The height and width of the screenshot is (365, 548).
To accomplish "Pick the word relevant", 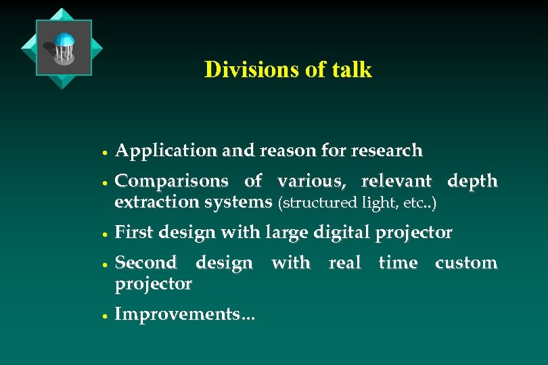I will coord(396,181).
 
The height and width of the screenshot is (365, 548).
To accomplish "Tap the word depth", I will coord(472,181).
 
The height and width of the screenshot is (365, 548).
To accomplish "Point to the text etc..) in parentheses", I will coord(421,202).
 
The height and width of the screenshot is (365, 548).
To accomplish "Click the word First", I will coord(135,233).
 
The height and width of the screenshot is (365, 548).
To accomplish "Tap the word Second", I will coord(146,263).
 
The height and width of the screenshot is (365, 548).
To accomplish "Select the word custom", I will coord(466,263).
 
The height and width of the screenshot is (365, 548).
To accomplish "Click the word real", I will coord(345,263).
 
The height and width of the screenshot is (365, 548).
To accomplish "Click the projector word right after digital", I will coord(413,233).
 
